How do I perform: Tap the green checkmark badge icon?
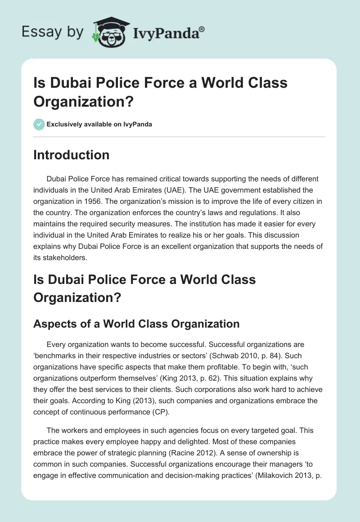click(x=39, y=124)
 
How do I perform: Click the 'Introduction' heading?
click(x=72, y=155)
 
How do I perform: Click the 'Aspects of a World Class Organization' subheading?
click(x=136, y=324)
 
